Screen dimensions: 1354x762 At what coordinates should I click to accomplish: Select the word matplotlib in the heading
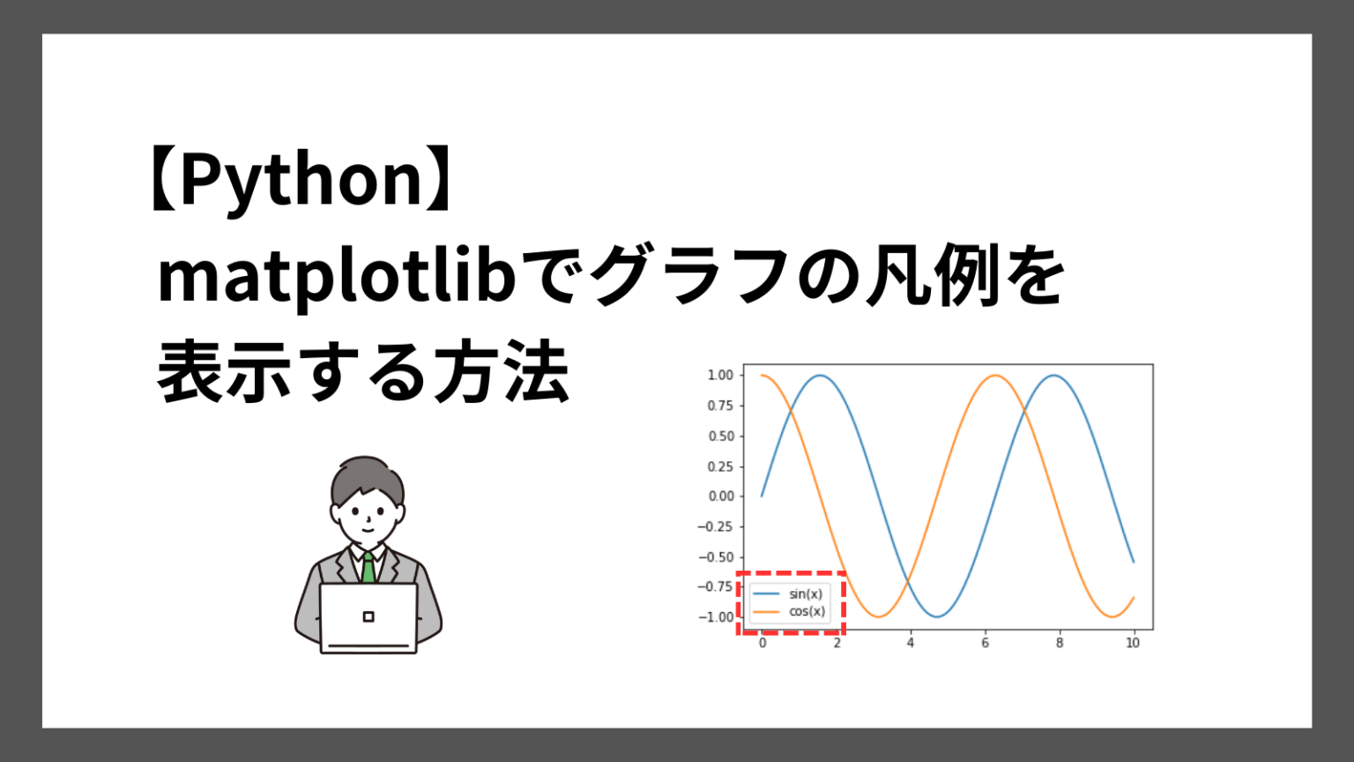click(337, 278)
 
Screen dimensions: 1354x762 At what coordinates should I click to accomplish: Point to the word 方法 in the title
click(501, 370)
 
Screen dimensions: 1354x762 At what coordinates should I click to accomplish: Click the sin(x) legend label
click(805, 594)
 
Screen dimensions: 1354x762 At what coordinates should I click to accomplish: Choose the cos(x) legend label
click(807, 611)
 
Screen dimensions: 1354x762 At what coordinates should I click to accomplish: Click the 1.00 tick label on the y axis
click(720, 375)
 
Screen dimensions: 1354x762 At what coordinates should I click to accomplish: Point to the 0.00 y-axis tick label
click(720, 496)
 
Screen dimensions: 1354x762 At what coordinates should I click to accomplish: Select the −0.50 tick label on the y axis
click(716, 557)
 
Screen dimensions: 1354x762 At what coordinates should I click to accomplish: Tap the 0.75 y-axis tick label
click(720, 405)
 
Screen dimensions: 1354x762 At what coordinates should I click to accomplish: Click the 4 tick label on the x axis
click(911, 643)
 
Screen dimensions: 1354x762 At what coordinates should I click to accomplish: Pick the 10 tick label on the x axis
click(1133, 643)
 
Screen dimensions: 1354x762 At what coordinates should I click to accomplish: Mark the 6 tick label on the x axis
click(986, 643)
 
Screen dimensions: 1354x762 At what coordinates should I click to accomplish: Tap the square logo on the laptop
click(368, 616)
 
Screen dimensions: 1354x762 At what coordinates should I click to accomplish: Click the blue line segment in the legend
click(766, 594)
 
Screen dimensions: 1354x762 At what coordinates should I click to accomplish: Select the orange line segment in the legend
click(766, 612)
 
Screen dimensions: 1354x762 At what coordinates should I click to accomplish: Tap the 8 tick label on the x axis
click(1059, 643)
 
